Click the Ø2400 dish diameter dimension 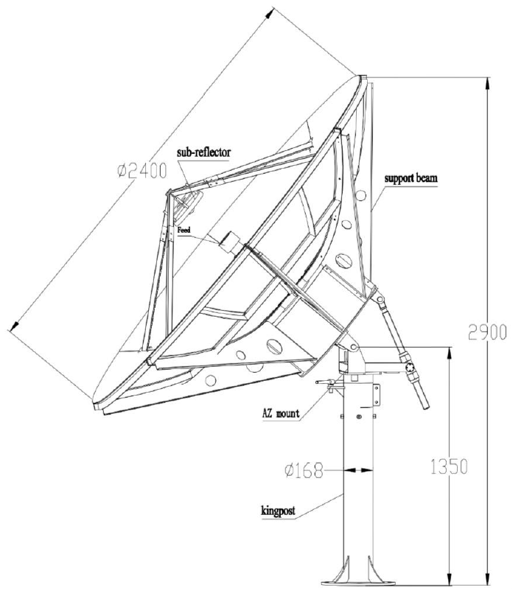(142, 171)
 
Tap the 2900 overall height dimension (487, 332)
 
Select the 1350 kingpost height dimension (449, 466)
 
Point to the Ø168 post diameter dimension (304, 471)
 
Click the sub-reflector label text (203, 152)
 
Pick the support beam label (411, 178)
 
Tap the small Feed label (184, 230)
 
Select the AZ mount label (281, 413)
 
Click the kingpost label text (278, 511)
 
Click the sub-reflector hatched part (188, 205)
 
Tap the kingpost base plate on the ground (359, 590)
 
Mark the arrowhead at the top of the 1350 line (450, 354)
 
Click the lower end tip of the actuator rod (426, 407)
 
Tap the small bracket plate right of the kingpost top (376, 394)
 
